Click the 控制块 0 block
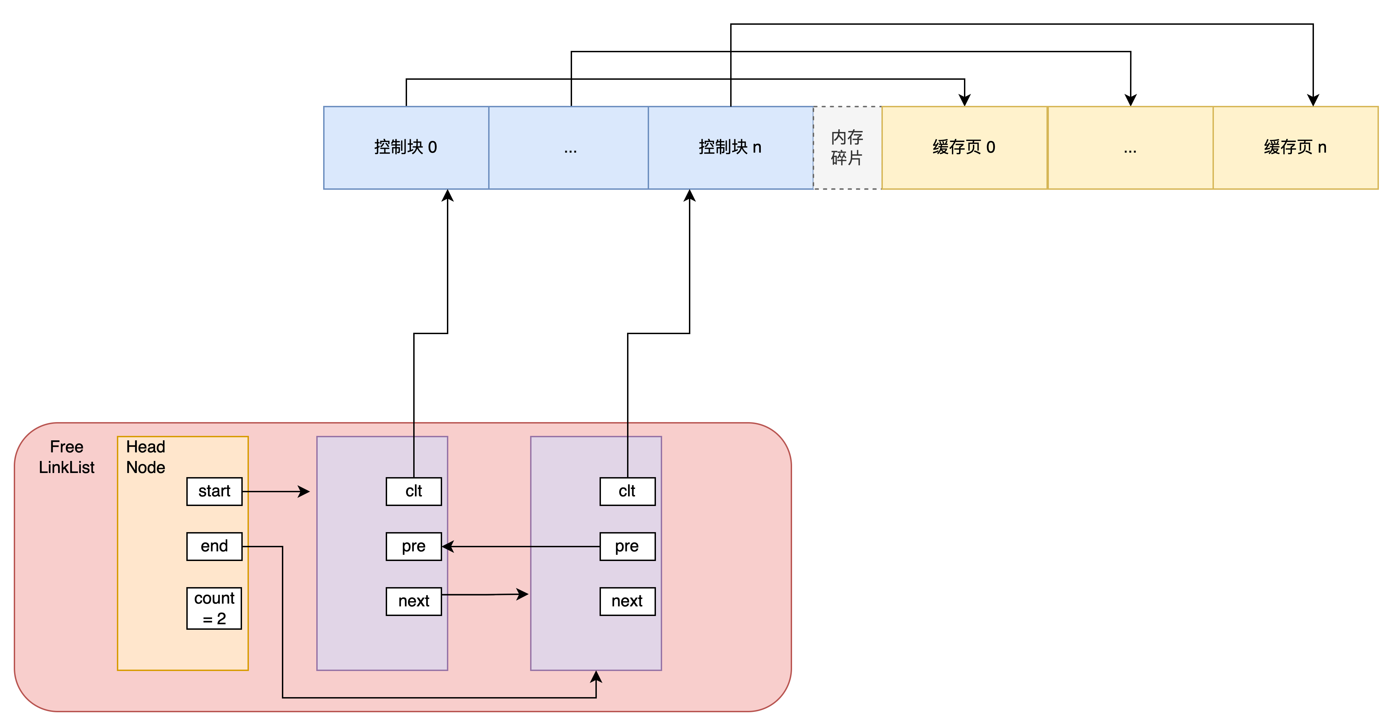pos(406,147)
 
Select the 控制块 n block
pos(730,147)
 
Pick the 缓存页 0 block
pos(964,147)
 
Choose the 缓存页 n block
pos(1295,147)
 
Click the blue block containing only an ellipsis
pos(569,147)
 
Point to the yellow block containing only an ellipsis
pos(1130,147)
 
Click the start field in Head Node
pos(214,491)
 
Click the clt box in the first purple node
pos(414,491)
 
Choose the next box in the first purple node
pos(414,601)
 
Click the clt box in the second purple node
pos(627,491)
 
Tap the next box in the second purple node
pos(627,601)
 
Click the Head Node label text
pos(145,457)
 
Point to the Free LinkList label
pos(66,457)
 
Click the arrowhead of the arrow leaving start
pos(305,491)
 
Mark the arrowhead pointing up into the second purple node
pos(596,677)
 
